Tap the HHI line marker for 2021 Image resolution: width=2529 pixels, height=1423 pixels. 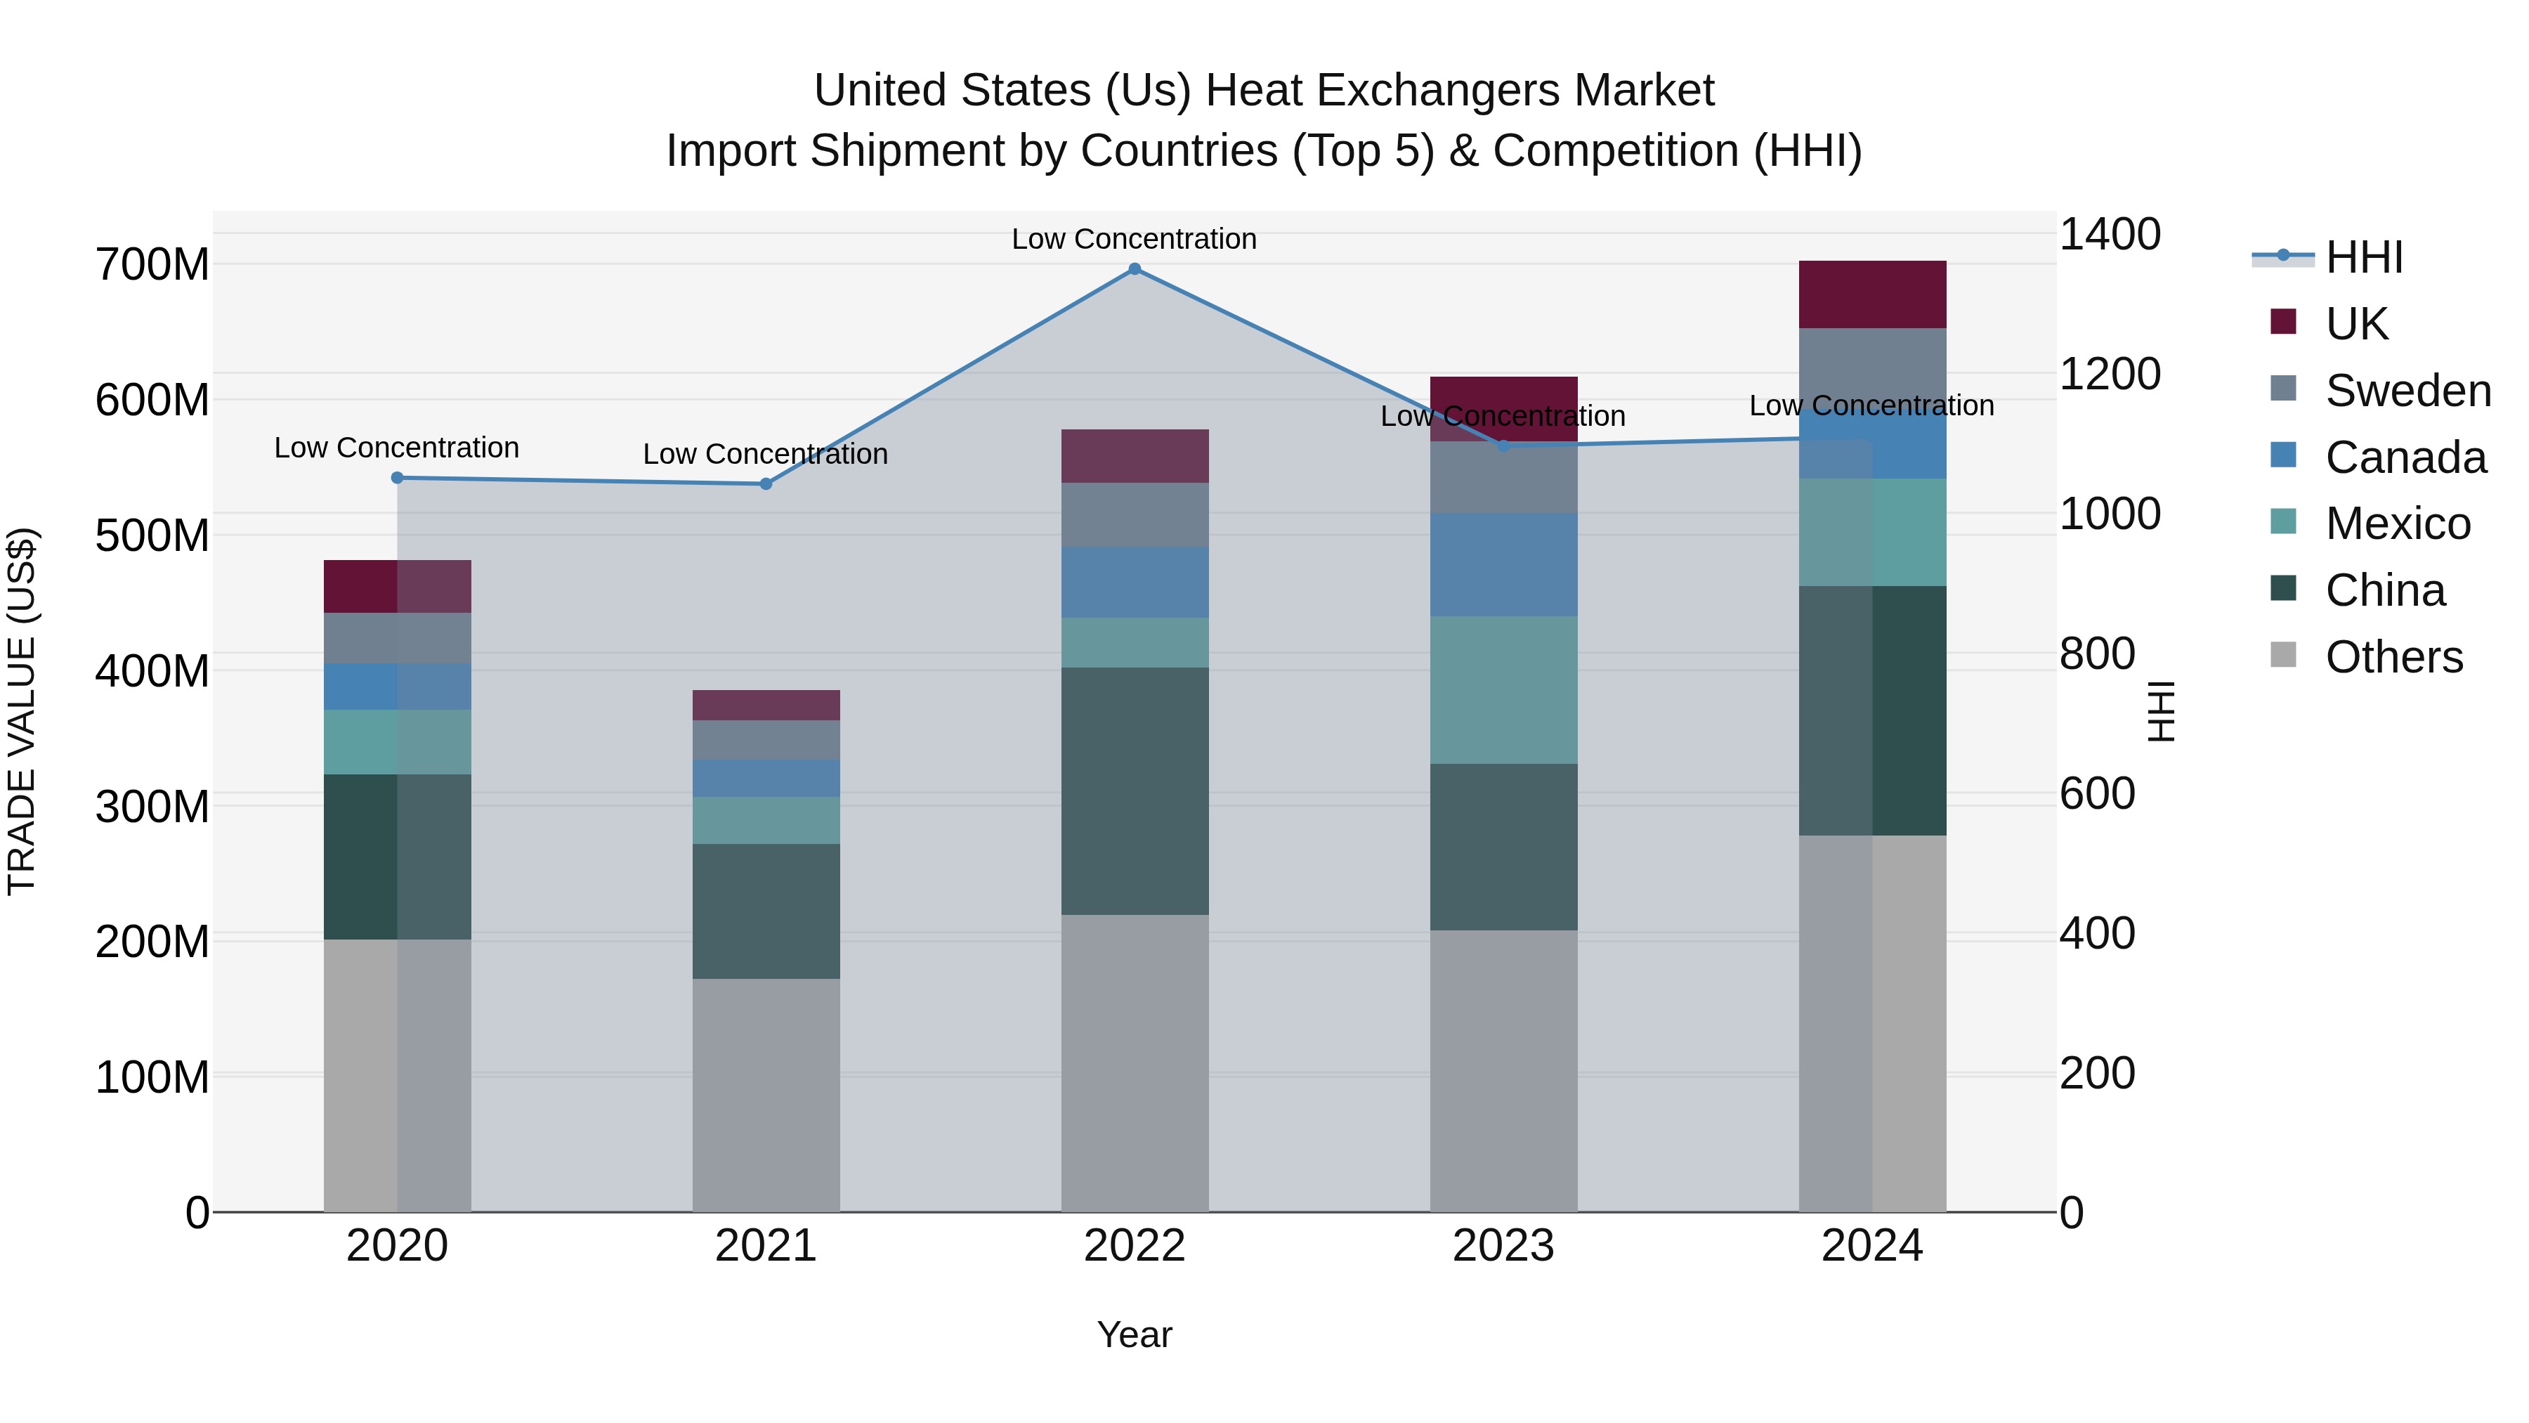pos(766,484)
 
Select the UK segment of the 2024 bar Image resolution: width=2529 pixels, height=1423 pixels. pos(1871,294)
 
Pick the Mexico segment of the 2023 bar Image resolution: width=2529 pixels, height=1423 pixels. pos(1503,690)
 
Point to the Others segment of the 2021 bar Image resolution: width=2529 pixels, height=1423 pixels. pos(766,1095)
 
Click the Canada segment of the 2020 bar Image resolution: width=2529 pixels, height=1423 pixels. pos(397,687)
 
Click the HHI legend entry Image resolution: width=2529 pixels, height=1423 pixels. pos(2363,257)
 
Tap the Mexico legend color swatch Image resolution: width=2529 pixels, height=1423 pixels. pos(2284,521)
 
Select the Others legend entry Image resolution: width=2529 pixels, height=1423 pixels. pos(2393,657)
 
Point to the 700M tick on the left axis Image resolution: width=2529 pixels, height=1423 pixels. pos(152,265)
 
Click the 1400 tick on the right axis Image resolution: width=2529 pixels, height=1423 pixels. pos(2109,235)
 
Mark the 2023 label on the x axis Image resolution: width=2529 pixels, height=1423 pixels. pos(1503,1246)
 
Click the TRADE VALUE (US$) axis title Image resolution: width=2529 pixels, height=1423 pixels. pos(22,711)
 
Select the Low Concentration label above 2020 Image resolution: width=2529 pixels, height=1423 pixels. pos(397,448)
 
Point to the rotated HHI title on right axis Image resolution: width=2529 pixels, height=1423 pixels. pos(2162,711)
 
